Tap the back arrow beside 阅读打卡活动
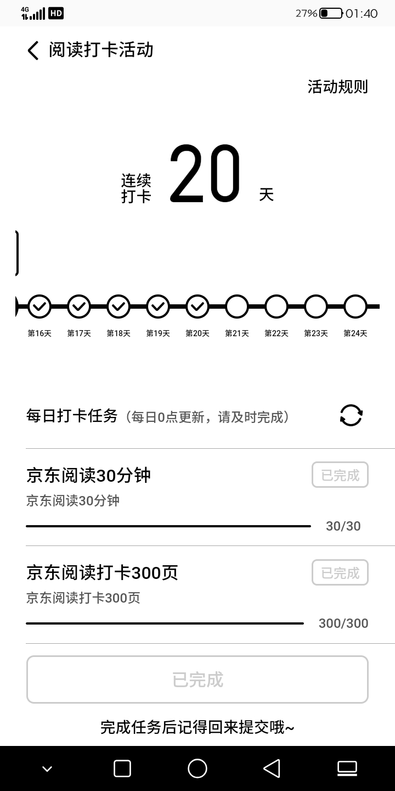coord(33,51)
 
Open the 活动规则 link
coord(337,87)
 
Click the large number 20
coord(205,173)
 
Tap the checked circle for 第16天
coord(39,307)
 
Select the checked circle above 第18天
coord(119,307)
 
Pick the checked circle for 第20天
coord(198,307)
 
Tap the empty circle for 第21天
coord(237,307)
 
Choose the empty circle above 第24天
coord(356,307)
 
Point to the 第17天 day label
coord(79,333)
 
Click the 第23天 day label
coord(316,333)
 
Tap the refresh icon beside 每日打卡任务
coord(351,415)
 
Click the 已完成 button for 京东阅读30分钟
coord(340,475)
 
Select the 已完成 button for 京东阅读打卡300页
coord(340,573)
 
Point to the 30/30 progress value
coord(343,526)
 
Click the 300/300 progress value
coord(343,623)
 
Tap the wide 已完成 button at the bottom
coord(198,679)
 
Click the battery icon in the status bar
coord(331,13)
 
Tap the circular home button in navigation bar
coord(198,768)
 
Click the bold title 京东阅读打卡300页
coord(102,573)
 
